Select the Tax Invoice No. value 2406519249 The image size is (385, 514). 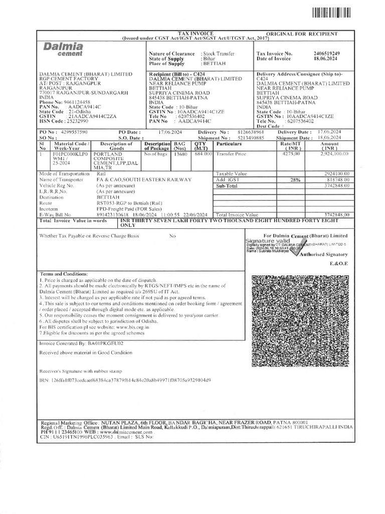326,53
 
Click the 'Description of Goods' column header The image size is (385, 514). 117,146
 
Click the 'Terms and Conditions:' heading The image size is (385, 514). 64,274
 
